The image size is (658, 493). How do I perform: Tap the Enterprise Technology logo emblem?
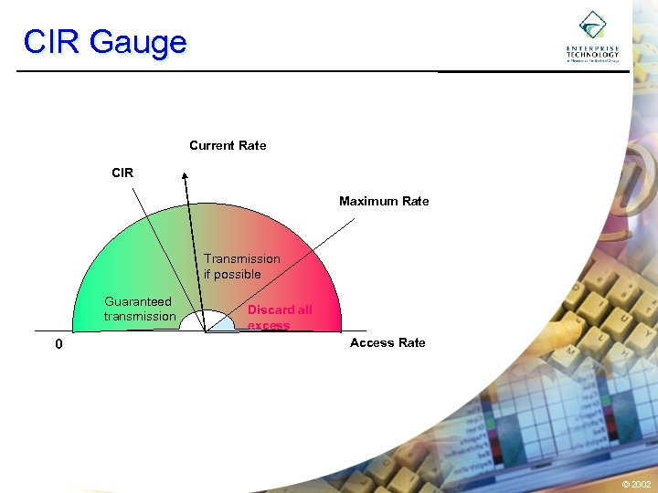pos(592,25)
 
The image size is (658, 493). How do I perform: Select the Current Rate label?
pos(228,145)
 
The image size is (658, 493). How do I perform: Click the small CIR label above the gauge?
pos(122,172)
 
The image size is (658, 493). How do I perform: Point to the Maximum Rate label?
pos(384,201)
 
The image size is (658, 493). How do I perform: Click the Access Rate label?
pos(387,342)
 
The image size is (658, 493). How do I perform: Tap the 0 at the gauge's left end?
pos(58,345)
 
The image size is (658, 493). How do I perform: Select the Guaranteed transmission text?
pos(139,309)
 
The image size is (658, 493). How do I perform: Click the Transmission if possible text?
pos(241,267)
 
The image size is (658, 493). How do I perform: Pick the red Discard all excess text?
pos(279,317)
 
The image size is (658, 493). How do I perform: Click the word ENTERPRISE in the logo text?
pos(592,48)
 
